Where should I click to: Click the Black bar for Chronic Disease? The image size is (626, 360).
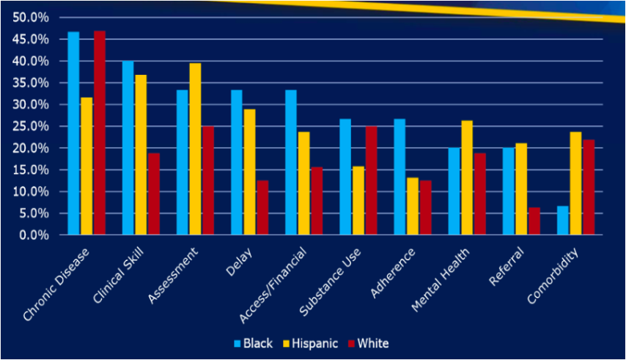[x=73, y=133]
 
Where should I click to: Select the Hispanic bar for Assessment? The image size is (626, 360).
[x=194, y=149]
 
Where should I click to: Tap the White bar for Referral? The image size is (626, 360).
[x=534, y=221]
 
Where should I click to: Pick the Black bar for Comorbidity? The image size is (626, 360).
[x=562, y=221]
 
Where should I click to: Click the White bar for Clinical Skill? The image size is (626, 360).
[x=154, y=194]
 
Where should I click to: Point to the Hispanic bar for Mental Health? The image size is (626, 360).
[x=466, y=178]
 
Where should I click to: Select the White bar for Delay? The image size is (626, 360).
[x=262, y=207]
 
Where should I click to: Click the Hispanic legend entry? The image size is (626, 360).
[x=316, y=343]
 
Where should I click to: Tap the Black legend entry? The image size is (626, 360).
[x=253, y=343]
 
